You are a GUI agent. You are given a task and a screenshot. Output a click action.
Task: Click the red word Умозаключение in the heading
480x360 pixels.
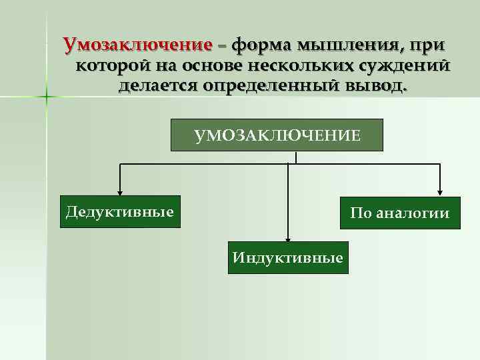tap(137, 45)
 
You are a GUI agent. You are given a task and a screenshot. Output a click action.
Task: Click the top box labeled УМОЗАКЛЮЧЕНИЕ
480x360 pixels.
tap(277, 135)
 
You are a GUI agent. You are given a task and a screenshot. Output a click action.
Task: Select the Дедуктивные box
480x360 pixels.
tap(120, 212)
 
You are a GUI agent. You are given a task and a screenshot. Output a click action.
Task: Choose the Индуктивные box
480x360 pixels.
tap(288, 257)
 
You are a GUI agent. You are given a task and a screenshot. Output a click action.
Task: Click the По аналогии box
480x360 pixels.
tap(400, 213)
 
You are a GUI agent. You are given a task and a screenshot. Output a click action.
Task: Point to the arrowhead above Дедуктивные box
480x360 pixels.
tap(120, 191)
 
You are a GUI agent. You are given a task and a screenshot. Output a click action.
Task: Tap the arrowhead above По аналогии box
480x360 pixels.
tap(439, 192)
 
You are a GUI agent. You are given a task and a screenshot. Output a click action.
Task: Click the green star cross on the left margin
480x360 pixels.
tap(47, 98)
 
